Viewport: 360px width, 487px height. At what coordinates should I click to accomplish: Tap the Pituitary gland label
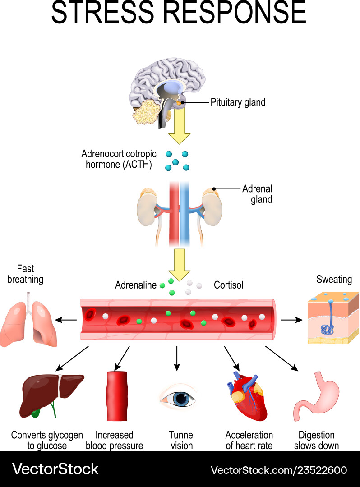pos(238,102)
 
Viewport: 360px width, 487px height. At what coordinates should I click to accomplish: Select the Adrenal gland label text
pos(257,194)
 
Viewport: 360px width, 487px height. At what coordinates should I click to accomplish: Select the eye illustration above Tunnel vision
pos(181,397)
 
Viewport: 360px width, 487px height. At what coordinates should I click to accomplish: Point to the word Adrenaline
pos(136,285)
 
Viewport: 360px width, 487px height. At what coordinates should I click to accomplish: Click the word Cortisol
pos(228,285)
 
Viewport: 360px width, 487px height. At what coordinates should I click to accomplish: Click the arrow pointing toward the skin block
pos(291,320)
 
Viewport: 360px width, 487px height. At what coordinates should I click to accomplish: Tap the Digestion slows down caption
pos(316,440)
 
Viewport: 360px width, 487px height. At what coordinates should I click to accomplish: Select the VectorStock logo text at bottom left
pos(55,469)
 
